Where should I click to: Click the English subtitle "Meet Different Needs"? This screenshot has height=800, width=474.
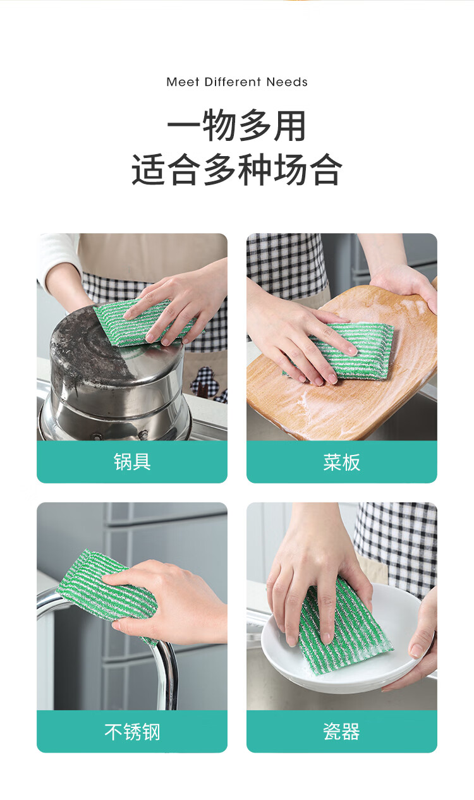[237, 82]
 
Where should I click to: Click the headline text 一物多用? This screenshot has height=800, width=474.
[236, 126]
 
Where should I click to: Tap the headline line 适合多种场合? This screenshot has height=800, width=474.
[237, 169]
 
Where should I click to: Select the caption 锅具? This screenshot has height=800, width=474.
[132, 462]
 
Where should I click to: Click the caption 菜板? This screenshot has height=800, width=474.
[341, 462]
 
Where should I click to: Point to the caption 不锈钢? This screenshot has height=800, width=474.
[132, 732]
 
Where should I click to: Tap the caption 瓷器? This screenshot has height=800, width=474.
[341, 732]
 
